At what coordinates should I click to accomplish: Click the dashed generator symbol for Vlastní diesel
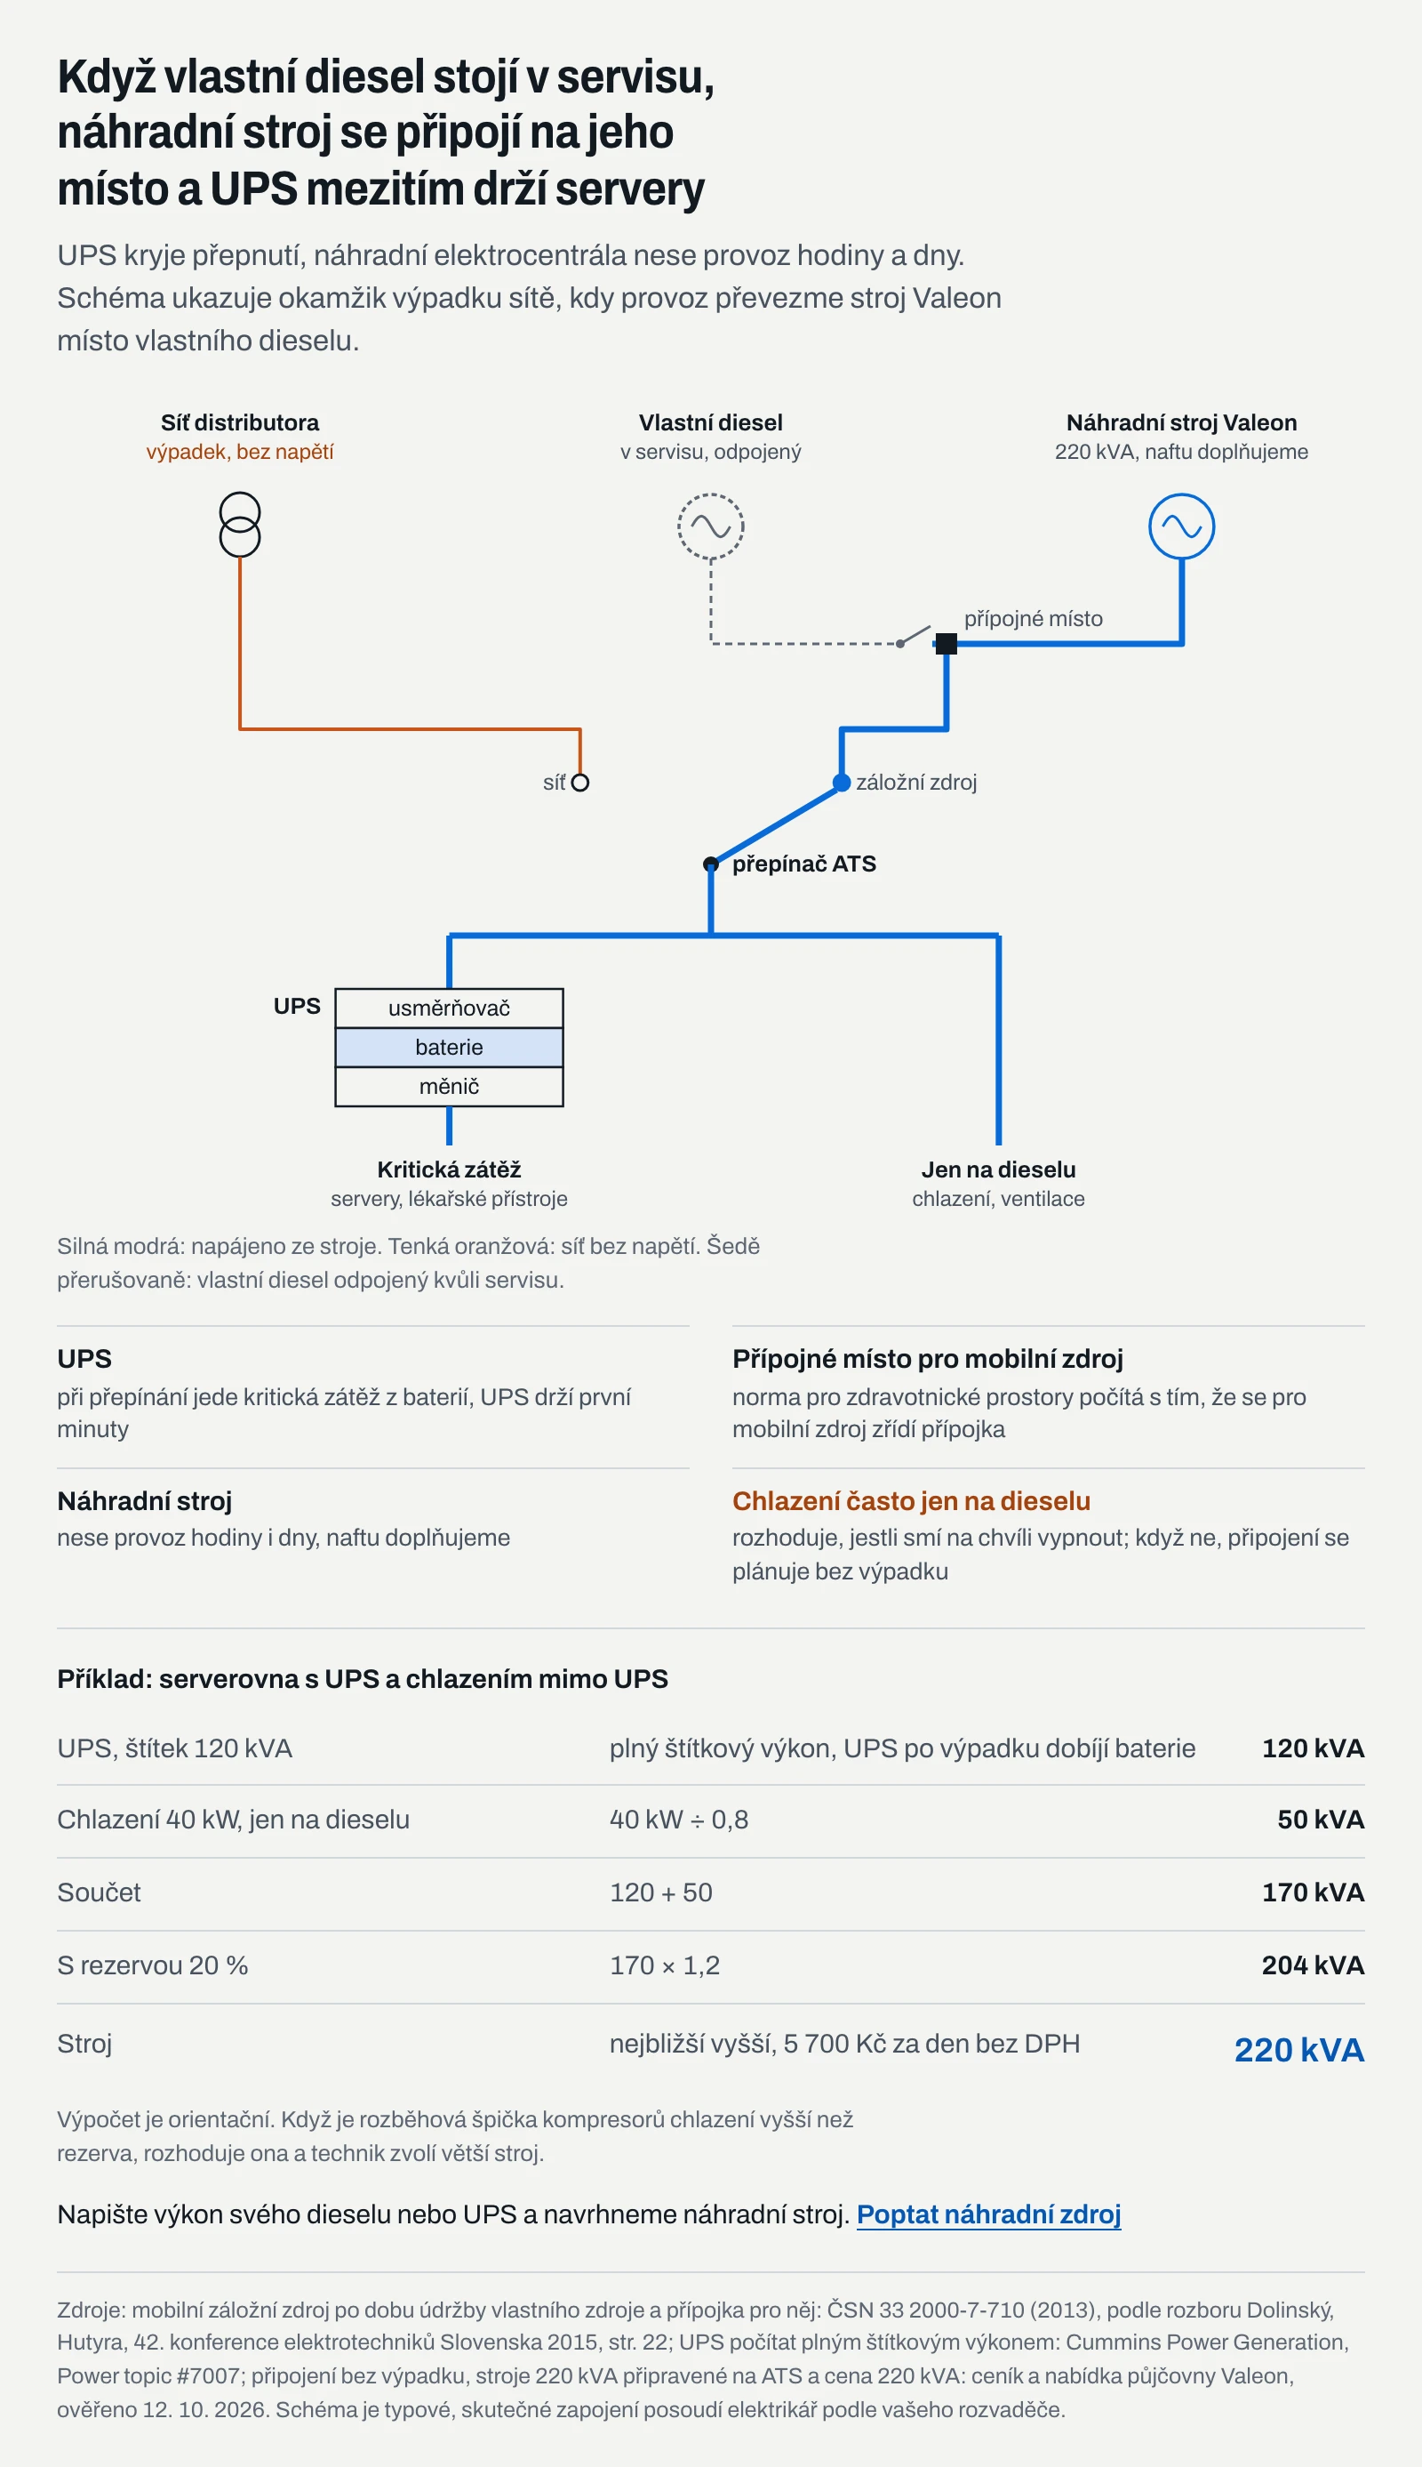pos(711,526)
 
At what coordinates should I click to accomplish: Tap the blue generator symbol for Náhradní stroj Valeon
pos(1182,526)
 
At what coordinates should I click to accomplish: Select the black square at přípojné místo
pos(947,644)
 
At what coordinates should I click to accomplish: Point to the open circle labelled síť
pos(580,783)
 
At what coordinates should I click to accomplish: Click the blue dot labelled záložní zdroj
pos(842,783)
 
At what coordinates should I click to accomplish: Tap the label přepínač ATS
pos(803,864)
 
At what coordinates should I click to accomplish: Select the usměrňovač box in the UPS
pos(449,1008)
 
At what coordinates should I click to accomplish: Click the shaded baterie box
pos(449,1048)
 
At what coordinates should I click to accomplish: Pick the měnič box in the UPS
pos(449,1087)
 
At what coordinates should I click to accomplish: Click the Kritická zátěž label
pos(449,1169)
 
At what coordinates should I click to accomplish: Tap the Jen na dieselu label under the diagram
pos(998,1169)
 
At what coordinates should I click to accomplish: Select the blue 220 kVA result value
pos(1299,2050)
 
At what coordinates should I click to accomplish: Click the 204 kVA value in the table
pos(1313,1965)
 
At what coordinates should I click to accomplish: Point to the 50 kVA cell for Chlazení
pos(1321,1820)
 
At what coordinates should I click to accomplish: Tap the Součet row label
pos(99,1892)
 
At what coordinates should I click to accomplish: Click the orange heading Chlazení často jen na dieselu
pos(911,1500)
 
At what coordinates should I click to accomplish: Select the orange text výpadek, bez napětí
pos(240,452)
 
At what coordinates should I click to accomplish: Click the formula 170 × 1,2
pos(664,1965)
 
